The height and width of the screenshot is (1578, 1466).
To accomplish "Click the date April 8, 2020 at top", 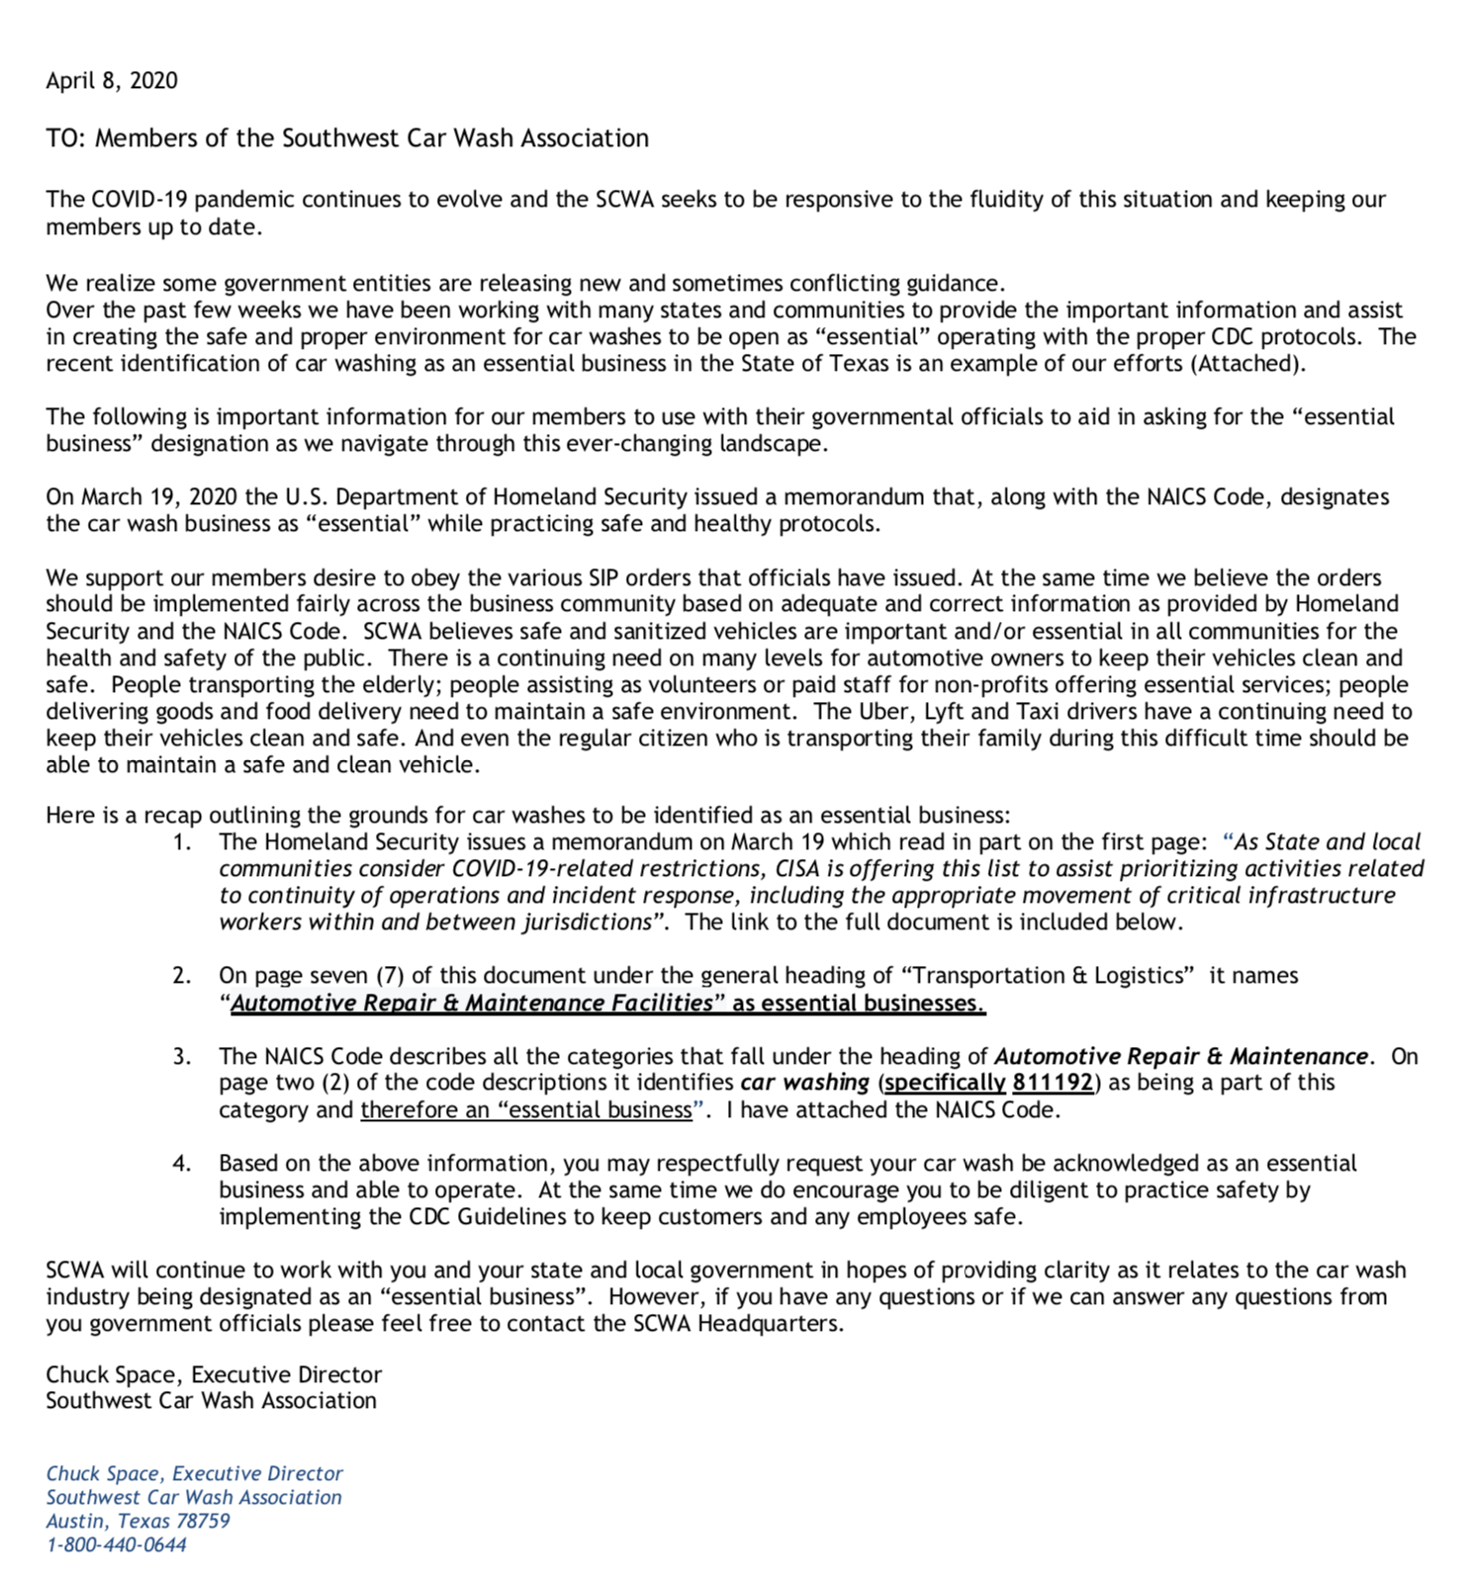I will (112, 81).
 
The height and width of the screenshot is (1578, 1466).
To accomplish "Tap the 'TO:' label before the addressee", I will (66, 138).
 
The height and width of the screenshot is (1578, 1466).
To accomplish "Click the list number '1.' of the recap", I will (182, 842).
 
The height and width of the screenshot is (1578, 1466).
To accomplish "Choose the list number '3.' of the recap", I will (182, 1057).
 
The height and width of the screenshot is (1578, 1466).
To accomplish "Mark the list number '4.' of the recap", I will (182, 1164).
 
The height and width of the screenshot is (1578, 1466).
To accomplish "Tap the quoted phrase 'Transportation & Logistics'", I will (1049, 976).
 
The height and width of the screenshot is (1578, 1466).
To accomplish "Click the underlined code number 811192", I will (1053, 1083).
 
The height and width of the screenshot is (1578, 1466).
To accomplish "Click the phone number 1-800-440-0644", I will (117, 1545).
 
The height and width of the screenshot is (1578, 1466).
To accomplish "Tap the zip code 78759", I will (202, 1522).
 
